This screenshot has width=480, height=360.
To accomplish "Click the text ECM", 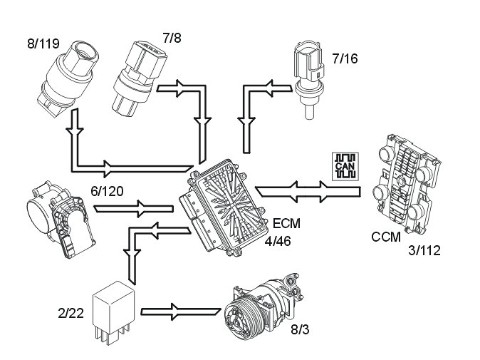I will click(286, 223).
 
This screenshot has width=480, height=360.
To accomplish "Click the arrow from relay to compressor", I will click(182, 311).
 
